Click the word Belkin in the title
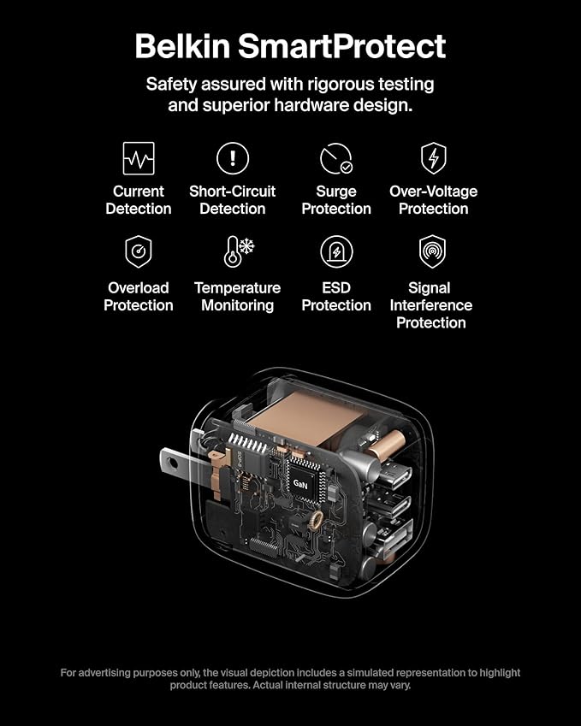click(181, 45)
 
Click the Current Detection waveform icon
click(139, 158)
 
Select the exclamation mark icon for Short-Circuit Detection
click(232, 158)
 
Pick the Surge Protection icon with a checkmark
click(335, 159)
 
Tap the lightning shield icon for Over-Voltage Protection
click(433, 158)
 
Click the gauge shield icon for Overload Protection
click(138, 252)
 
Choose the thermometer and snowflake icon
click(239, 251)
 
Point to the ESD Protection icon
click(336, 252)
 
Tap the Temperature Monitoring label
click(237, 297)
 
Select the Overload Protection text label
click(138, 297)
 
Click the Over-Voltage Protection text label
click(433, 200)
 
